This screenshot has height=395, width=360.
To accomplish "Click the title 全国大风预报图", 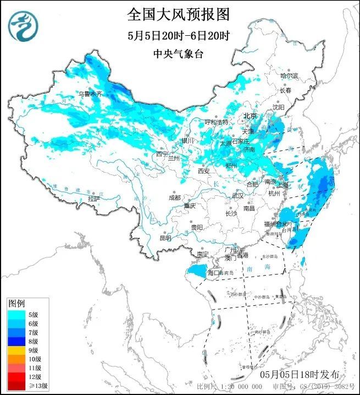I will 178,13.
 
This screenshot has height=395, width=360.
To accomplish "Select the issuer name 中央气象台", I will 178,54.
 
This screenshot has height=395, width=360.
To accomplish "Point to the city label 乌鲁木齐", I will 90,94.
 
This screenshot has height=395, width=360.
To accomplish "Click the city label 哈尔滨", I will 289,75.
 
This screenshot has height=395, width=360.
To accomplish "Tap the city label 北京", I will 250,116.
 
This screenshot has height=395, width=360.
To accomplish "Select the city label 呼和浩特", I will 216,122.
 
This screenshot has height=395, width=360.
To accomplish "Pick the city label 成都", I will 174,196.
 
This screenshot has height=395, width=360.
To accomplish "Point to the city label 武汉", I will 237,195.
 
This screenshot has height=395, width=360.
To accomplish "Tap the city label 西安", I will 204,172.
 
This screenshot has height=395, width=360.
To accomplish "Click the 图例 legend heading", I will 16,303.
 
